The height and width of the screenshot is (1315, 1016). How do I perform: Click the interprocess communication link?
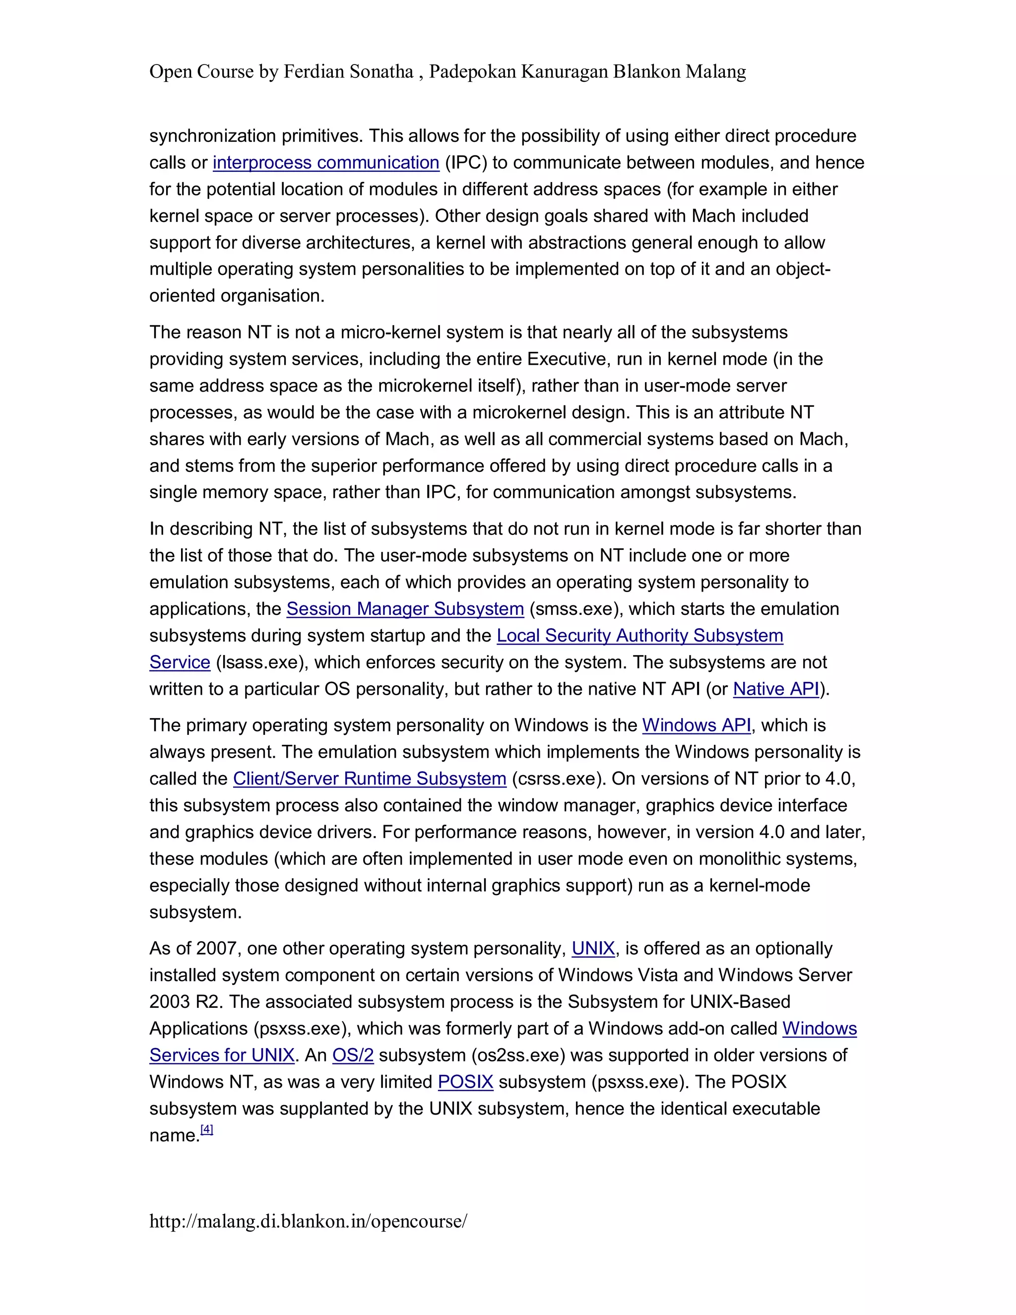coord(325,163)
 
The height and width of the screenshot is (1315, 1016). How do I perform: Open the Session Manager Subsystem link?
coord(405,609)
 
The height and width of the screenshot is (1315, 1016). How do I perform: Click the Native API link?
coord(776,689)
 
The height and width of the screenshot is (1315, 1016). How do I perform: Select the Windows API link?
coord(697,725)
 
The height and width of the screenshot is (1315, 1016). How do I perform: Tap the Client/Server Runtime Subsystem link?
coord(370,779)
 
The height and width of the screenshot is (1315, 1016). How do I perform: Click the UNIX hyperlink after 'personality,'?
coord(593,948)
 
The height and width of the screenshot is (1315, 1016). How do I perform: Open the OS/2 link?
coord(353,1055)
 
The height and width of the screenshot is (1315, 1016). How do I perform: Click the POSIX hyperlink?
coord(465,1082)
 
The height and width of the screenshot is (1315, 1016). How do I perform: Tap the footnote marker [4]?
coord(206,1129)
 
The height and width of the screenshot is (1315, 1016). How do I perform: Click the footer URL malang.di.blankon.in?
coord(308,1221)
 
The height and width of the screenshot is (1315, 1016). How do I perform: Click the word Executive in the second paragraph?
coord(568,359)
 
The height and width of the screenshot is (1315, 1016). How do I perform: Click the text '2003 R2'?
coord(186,1002)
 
